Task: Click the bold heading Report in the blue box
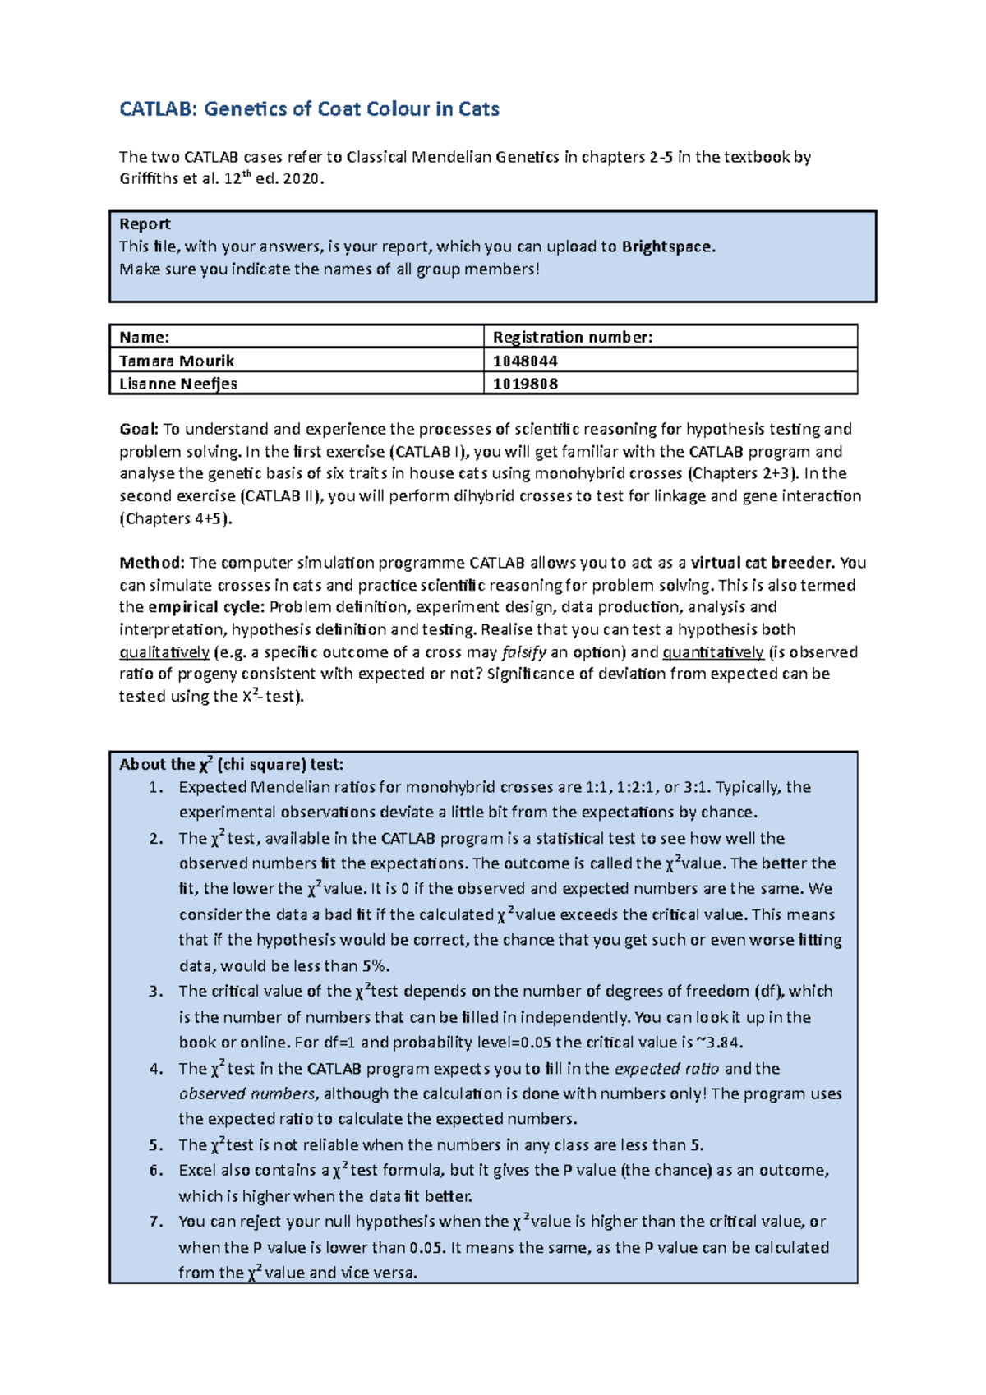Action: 145,224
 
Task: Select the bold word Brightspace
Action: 667,246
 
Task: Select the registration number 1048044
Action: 525,361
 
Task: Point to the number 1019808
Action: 525,384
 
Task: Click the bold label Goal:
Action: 138,429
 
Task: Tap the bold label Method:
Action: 152,563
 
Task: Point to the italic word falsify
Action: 523,652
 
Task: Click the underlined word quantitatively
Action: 713,652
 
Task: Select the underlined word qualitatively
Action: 164,652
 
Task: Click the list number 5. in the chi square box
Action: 156,1145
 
